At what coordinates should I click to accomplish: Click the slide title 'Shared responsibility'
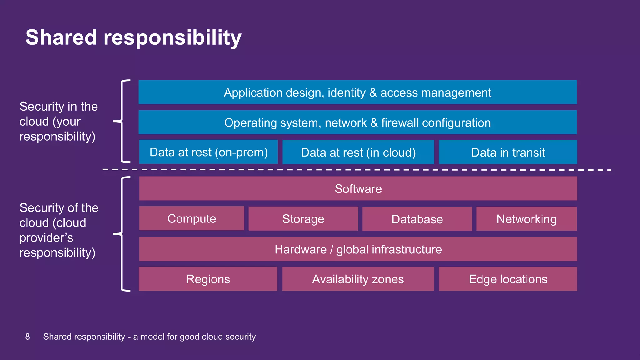[x=133, y=37]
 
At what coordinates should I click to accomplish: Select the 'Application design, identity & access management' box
[x=357, y=92]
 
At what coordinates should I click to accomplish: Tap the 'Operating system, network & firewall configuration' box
[x=357, y=122]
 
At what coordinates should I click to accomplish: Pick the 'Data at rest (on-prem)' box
[x=208, y=152]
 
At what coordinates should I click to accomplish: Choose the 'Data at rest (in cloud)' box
[x=358, y=152]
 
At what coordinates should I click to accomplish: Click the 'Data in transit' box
[x=508, y=152]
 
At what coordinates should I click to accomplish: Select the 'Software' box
[x=358, y=189]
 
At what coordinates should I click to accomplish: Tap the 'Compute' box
[x=192, y=218]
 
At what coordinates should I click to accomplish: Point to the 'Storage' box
[x=303, y=219]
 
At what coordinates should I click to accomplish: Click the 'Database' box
[x=417, y=219]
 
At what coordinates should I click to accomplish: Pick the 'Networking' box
[x=526, y=219]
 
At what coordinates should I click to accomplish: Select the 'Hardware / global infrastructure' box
[x=358, y=249]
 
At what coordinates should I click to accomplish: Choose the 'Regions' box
[x=208, y=279]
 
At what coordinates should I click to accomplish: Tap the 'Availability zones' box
[x=358, y=279]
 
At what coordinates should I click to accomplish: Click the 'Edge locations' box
[x=508, y=279]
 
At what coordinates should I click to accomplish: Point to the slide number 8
[x=27, y=337]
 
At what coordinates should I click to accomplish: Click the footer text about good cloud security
[x=149, y=337]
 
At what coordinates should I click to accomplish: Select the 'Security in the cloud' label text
[x=58, y=121]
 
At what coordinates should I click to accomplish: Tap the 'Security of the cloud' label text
[x=59, y=230]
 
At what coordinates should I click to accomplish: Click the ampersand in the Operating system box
[x=374, y=123]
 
